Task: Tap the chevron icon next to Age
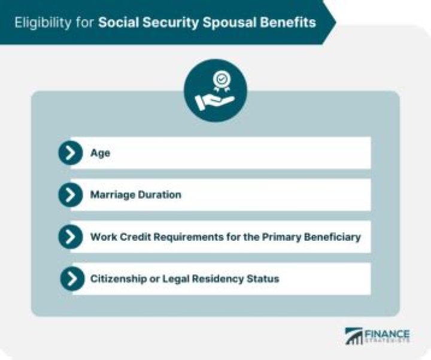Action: (71, 153)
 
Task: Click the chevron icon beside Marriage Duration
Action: (71, 195)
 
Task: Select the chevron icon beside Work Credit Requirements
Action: (71, 237)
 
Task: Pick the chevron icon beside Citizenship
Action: (72, 279)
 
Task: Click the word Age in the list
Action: (100, 153)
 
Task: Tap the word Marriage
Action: (112, 195)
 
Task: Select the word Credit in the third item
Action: (131, 237)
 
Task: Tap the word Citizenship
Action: (117, 279)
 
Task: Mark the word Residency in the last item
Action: (215, 279)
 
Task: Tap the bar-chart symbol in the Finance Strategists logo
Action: (353, 336)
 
